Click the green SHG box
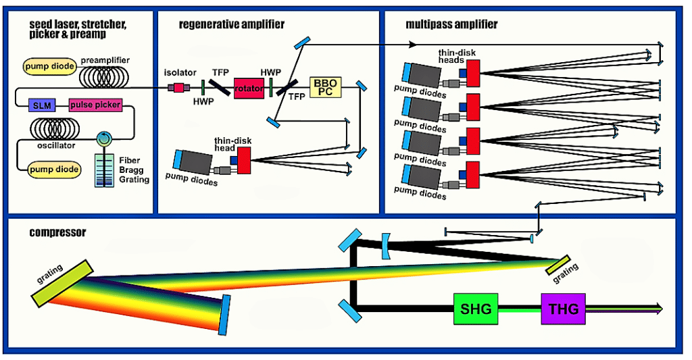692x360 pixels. pyautogui.click(x=476, y=309)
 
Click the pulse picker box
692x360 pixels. pyautogui.click(x=95, y=105)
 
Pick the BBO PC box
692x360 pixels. pyautogui.click(x=326, y=88)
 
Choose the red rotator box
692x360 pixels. pyautogui.click(x=249, y=88)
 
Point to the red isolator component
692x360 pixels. pyautogui.click(x=180, y=87)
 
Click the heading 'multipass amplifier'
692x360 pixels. pyautogui.click(x=451, y=25)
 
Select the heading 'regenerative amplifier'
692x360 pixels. pyautogui.click(x=232, y=25)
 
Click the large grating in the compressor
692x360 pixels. pyautogui.click(x=61, y=281)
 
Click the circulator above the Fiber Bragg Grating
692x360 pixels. pyautogui.click(x=103, y=138)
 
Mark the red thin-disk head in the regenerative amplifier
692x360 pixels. pyautogui.click(x=244, y=161)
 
